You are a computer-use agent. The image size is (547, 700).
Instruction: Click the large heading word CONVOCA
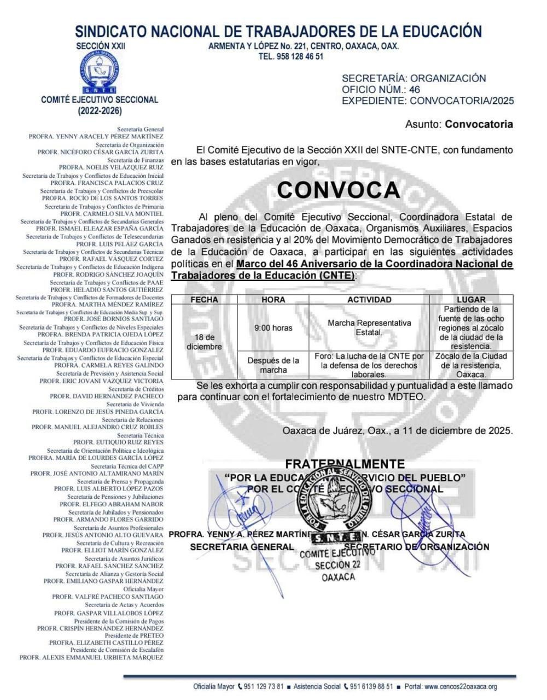pyautogui.click(x=339, y=189)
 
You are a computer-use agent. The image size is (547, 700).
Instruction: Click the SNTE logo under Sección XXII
pyautogui.click(x=100, y=72)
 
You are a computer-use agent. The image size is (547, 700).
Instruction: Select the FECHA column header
pyautogui.click(x=204, y=300)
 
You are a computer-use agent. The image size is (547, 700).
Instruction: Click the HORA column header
pyautogui.click(x=273, y=300)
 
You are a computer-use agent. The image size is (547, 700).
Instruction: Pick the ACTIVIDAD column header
pyautogui.click(x=369, y=300)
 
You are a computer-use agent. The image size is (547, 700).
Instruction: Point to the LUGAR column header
pyautogui.click(x=471, y=300)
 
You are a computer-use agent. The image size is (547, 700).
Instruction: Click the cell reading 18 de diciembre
pyautogui.click(x=204, y=342)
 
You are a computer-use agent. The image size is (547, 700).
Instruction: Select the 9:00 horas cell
pyautogui.click(x=273, y=328)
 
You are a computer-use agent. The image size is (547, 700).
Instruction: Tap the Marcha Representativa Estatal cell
pyautogui.click(x=369, y=328)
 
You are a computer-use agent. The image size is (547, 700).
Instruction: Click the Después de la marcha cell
pyautogui.click(x=273, y=365)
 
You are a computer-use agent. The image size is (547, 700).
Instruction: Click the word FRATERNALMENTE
pyautogui.click(x=345, y=464)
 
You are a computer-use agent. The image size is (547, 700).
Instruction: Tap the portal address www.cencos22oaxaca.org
pyautogui.click(x=461, y=687)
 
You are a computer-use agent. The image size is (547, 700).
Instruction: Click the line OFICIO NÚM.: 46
pyautogui.click(x=381, y=90)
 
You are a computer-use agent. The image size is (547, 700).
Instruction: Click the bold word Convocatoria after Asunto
pyautogui.click(x=479, y=124)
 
